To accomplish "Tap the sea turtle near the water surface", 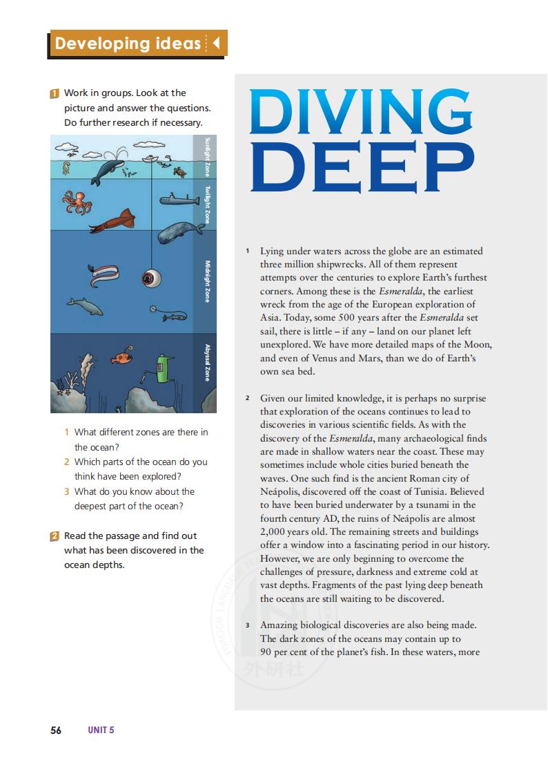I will point(179,170).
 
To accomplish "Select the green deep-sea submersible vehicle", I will point(164,367).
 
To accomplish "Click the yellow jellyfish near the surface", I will point(66,167).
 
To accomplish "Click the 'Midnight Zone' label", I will point(207,281).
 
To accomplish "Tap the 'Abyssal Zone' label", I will point(207,362).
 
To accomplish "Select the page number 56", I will point(56,730).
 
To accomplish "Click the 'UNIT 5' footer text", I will point(101,730).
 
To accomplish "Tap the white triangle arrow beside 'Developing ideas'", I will point(216,44).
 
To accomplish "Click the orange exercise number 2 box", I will point(55,536).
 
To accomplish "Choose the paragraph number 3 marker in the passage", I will point(248,625).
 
